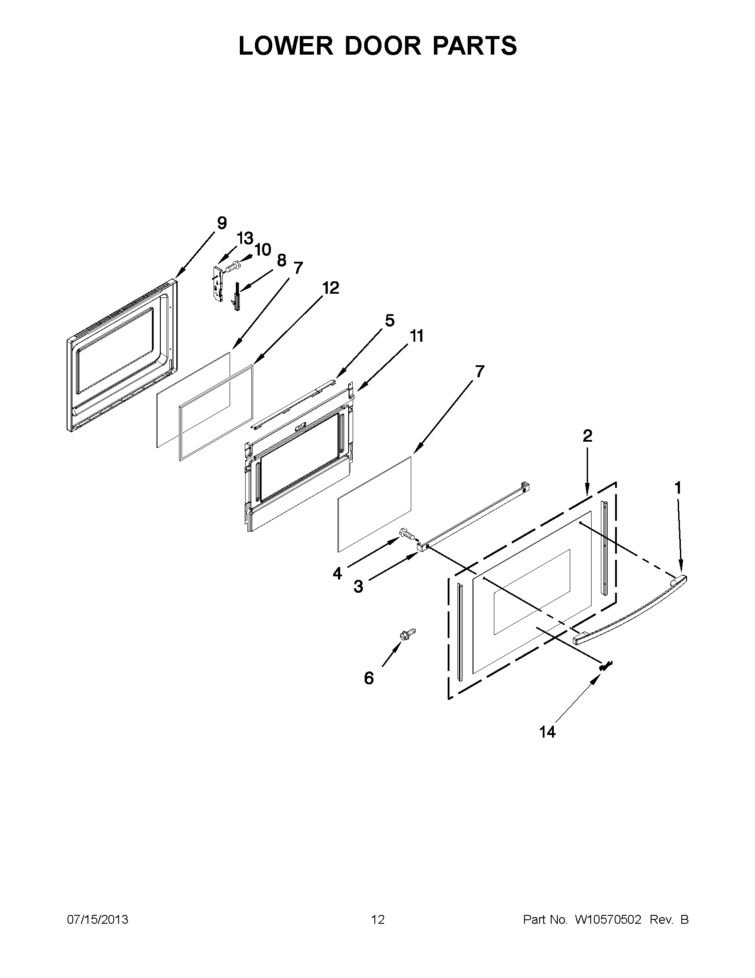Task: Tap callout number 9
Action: (x=222, y=223)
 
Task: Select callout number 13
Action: (x=245, y=238)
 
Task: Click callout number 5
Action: (x=389, y=321)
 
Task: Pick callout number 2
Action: (x=587, y=435)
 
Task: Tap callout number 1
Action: (x=678, y=487)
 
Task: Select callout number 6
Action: (x=369, y=679)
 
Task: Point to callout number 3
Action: (x=358, y=586)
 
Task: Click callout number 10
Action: (x=263, y=249)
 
